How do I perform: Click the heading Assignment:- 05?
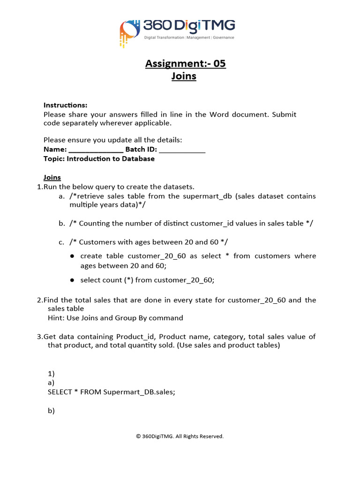185,63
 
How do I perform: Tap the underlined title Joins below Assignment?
184,76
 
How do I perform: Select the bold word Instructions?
65,105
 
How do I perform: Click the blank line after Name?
96,150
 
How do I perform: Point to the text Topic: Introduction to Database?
99,158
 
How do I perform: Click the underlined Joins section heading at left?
52,178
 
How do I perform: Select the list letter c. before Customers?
61,242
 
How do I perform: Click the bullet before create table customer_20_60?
72,256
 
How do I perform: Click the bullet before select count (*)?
72,280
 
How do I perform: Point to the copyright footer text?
180,436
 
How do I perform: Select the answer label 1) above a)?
51,374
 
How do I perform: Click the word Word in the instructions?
219,114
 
